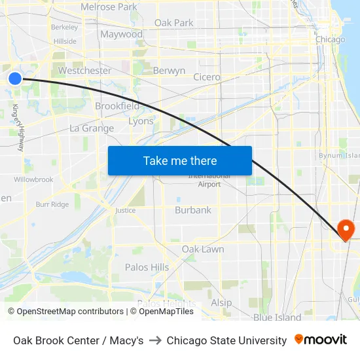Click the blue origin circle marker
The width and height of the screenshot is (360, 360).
coord(15,79)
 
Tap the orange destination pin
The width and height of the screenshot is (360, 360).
coord(345,229)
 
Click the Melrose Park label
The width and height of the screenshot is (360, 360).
coord(109,7)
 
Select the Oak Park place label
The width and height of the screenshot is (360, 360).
coord(174,23)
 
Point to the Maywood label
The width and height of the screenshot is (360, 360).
coord(121,34)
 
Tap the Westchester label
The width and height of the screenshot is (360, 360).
coord(84,71)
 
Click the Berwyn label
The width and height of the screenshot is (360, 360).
coord(169,71)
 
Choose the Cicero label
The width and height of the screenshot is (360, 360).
coord(207,77)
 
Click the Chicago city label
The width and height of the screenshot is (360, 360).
coord(330,40)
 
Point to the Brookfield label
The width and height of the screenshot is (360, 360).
coord(117,106)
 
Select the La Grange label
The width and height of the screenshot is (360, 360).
coord(92,128)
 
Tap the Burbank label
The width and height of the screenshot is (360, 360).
coord(193,210)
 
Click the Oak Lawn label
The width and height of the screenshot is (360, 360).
coord(203,249)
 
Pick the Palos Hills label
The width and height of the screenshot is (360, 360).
coord(147,267)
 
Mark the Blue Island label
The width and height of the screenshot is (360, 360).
coord(278,318)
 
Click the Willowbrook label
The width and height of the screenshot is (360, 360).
coord(33,179)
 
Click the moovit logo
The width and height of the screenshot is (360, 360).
coord(321,340)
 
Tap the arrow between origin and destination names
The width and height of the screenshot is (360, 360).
coord(155,340)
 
